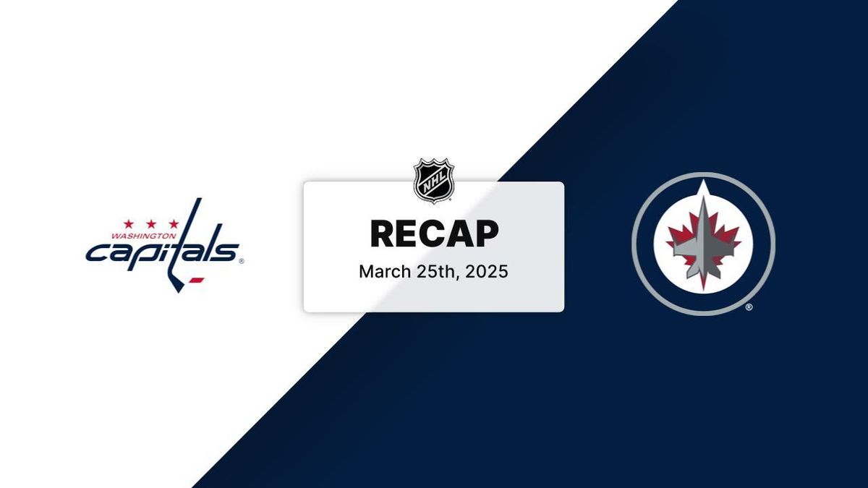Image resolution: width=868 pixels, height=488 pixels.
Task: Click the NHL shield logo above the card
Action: coord(433,181)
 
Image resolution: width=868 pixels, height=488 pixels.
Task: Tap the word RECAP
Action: coord(434,234)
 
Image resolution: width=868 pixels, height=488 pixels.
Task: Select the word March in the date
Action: coord(383,272)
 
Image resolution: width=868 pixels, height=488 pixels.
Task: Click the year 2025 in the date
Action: coord(487,272)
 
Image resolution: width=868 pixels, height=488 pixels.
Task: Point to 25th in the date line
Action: coord(433,272)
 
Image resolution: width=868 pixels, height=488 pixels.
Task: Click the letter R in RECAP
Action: coord(383,234)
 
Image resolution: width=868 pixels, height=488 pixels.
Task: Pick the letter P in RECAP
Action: coord(486,234)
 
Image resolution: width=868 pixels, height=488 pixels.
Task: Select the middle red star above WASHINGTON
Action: coord(151,224)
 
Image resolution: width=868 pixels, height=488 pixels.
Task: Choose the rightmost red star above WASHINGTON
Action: coord(173,224)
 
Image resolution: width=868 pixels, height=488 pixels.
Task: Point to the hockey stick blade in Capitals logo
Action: coord(176,284)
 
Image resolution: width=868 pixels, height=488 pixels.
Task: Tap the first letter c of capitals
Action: coord(96,253)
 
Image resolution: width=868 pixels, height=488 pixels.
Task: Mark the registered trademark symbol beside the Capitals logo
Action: coord(241,262)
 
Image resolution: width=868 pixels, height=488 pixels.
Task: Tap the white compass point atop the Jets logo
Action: coord(702,189)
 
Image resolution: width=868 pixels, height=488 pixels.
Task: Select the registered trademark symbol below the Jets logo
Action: coord(749,307)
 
